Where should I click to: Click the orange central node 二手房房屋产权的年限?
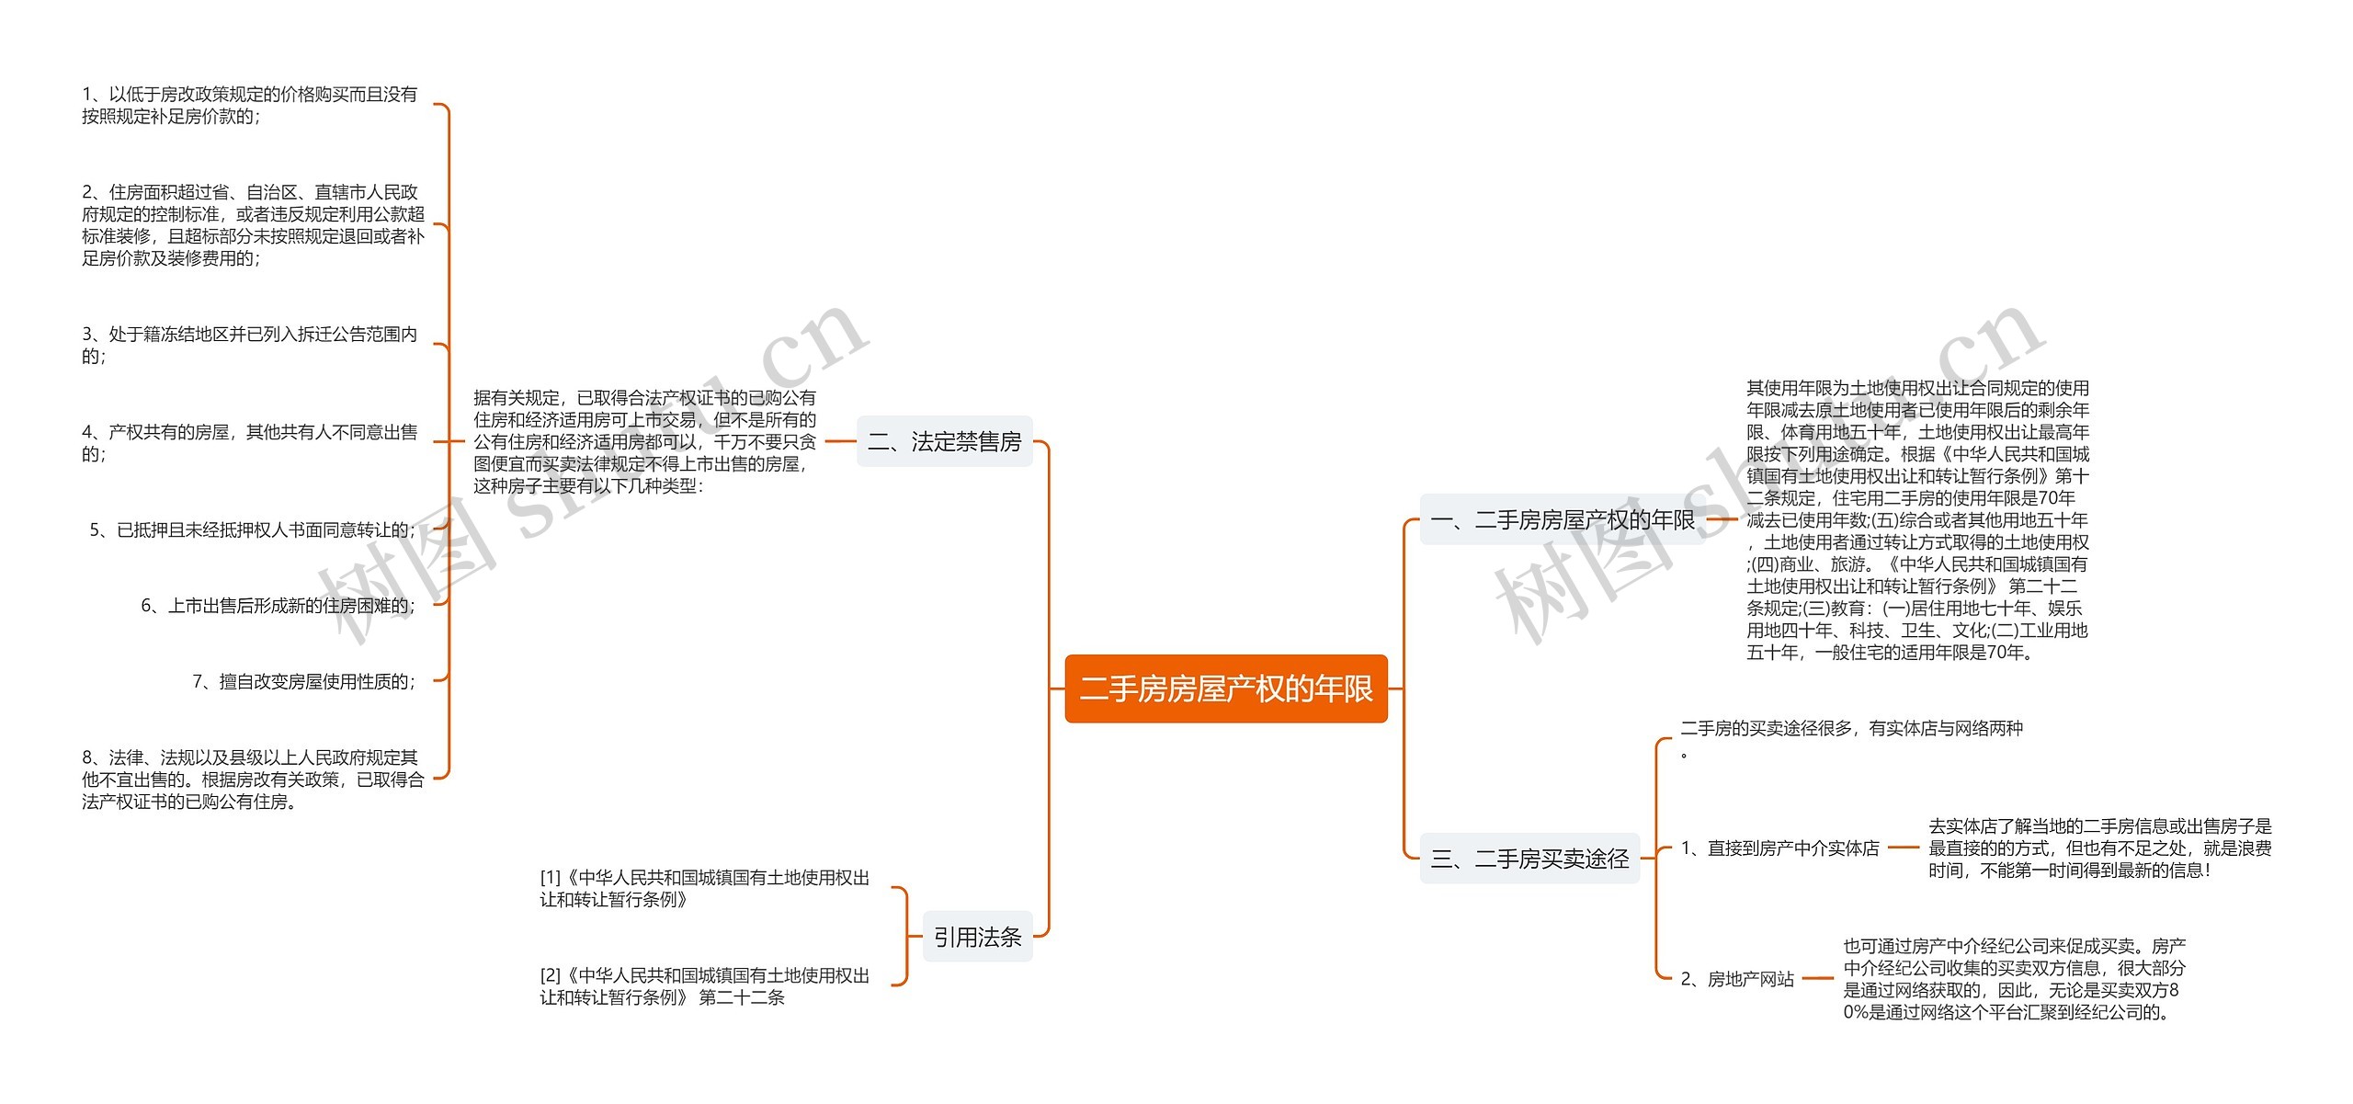(x=1225, y=689)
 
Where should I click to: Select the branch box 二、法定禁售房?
(x=944, y=442)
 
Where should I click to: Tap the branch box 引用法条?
(x=977, y=937)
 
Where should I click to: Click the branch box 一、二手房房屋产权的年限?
(x=1562, y=520)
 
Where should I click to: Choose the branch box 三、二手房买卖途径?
(x=1529, y=859)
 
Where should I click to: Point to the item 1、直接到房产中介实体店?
(x=1779, y=848)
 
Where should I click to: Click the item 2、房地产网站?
(x=1737, y=979)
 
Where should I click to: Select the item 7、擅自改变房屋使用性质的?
(x=303, y=681)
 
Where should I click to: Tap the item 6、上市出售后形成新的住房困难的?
(x=278, y=606)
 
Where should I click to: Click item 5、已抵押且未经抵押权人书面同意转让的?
(x=252, y=530)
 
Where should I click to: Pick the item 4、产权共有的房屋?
(x=249, y=442)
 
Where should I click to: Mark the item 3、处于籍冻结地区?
(x=249, y=345)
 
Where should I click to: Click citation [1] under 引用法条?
(x=704, y=889)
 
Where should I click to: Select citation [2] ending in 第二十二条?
(x=704, y=986)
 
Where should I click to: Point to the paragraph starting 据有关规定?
(x=644, y=442)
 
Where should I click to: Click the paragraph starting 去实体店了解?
(x=2099, y=848)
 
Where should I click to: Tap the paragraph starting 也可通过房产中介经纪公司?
(x=2014, y=979)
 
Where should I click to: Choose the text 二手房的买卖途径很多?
(x=1851, y=729)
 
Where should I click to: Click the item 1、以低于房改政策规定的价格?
(x=249, y=105)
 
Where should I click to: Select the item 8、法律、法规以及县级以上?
(x=253, y=780)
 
